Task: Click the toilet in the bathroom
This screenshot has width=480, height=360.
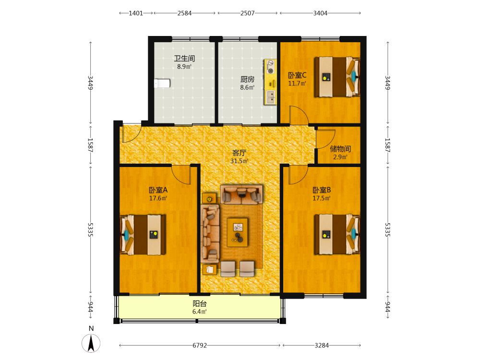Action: click(162, 83)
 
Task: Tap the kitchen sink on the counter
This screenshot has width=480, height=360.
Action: click(271, 97)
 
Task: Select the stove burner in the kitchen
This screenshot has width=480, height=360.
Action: click(271, 67)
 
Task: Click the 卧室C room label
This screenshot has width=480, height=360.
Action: click(297, 75)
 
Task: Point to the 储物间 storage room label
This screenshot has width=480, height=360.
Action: click(340, 149)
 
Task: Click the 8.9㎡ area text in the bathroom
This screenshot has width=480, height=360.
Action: click(184, 66)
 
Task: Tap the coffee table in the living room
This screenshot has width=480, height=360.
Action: click(237, 232)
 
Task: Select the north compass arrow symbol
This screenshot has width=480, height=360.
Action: click(91, 343)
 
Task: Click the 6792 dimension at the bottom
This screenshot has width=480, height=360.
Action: click(200, 345)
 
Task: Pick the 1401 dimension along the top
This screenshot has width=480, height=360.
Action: click(136, 13)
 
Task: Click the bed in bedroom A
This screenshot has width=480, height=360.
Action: click(143, 235)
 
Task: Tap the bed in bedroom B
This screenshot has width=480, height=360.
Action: click(337, 234)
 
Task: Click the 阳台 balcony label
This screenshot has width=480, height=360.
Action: click(200, 304)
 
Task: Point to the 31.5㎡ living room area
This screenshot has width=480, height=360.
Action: click(240, 161)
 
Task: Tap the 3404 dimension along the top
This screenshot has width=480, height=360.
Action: click(320, 13)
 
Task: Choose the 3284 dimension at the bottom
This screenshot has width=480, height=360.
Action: click(322, 345)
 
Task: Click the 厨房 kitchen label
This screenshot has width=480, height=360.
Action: click(247, 80)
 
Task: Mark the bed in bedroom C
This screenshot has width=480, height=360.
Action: click(337, 76)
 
